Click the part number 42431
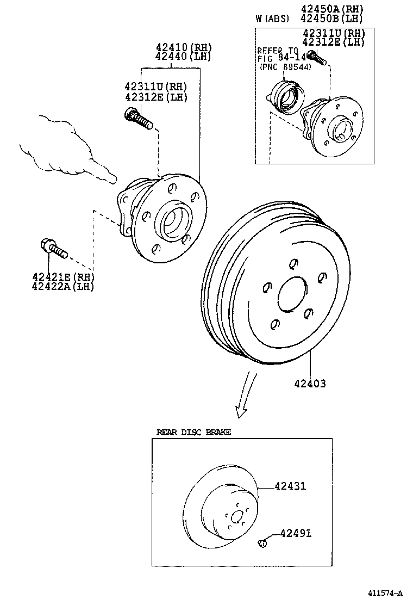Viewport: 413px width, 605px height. pos(290,486)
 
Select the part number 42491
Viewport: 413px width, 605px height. pos(296,533)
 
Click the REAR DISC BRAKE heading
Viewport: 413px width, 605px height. pos(193,433)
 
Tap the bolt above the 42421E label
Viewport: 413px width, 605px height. pos(53,249)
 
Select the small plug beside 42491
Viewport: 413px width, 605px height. pos(261,542)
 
